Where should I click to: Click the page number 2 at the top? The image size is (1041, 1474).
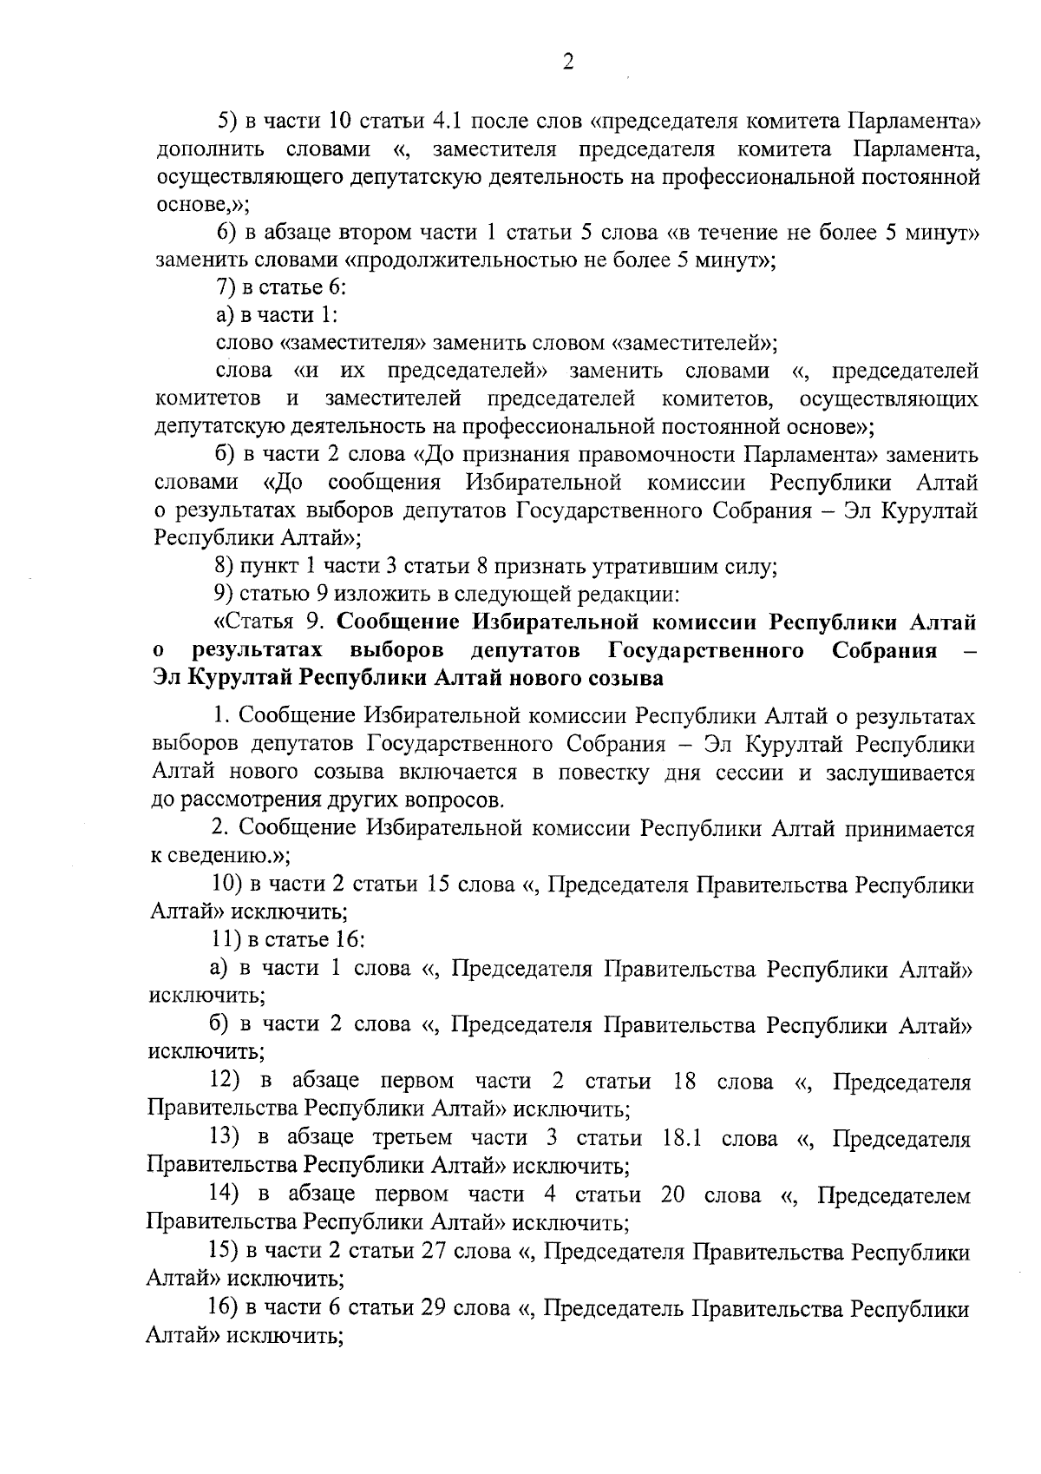[567, 63]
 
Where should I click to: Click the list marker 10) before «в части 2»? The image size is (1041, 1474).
[228, 885]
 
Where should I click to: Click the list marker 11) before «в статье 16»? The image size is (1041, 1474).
[228, 940]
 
